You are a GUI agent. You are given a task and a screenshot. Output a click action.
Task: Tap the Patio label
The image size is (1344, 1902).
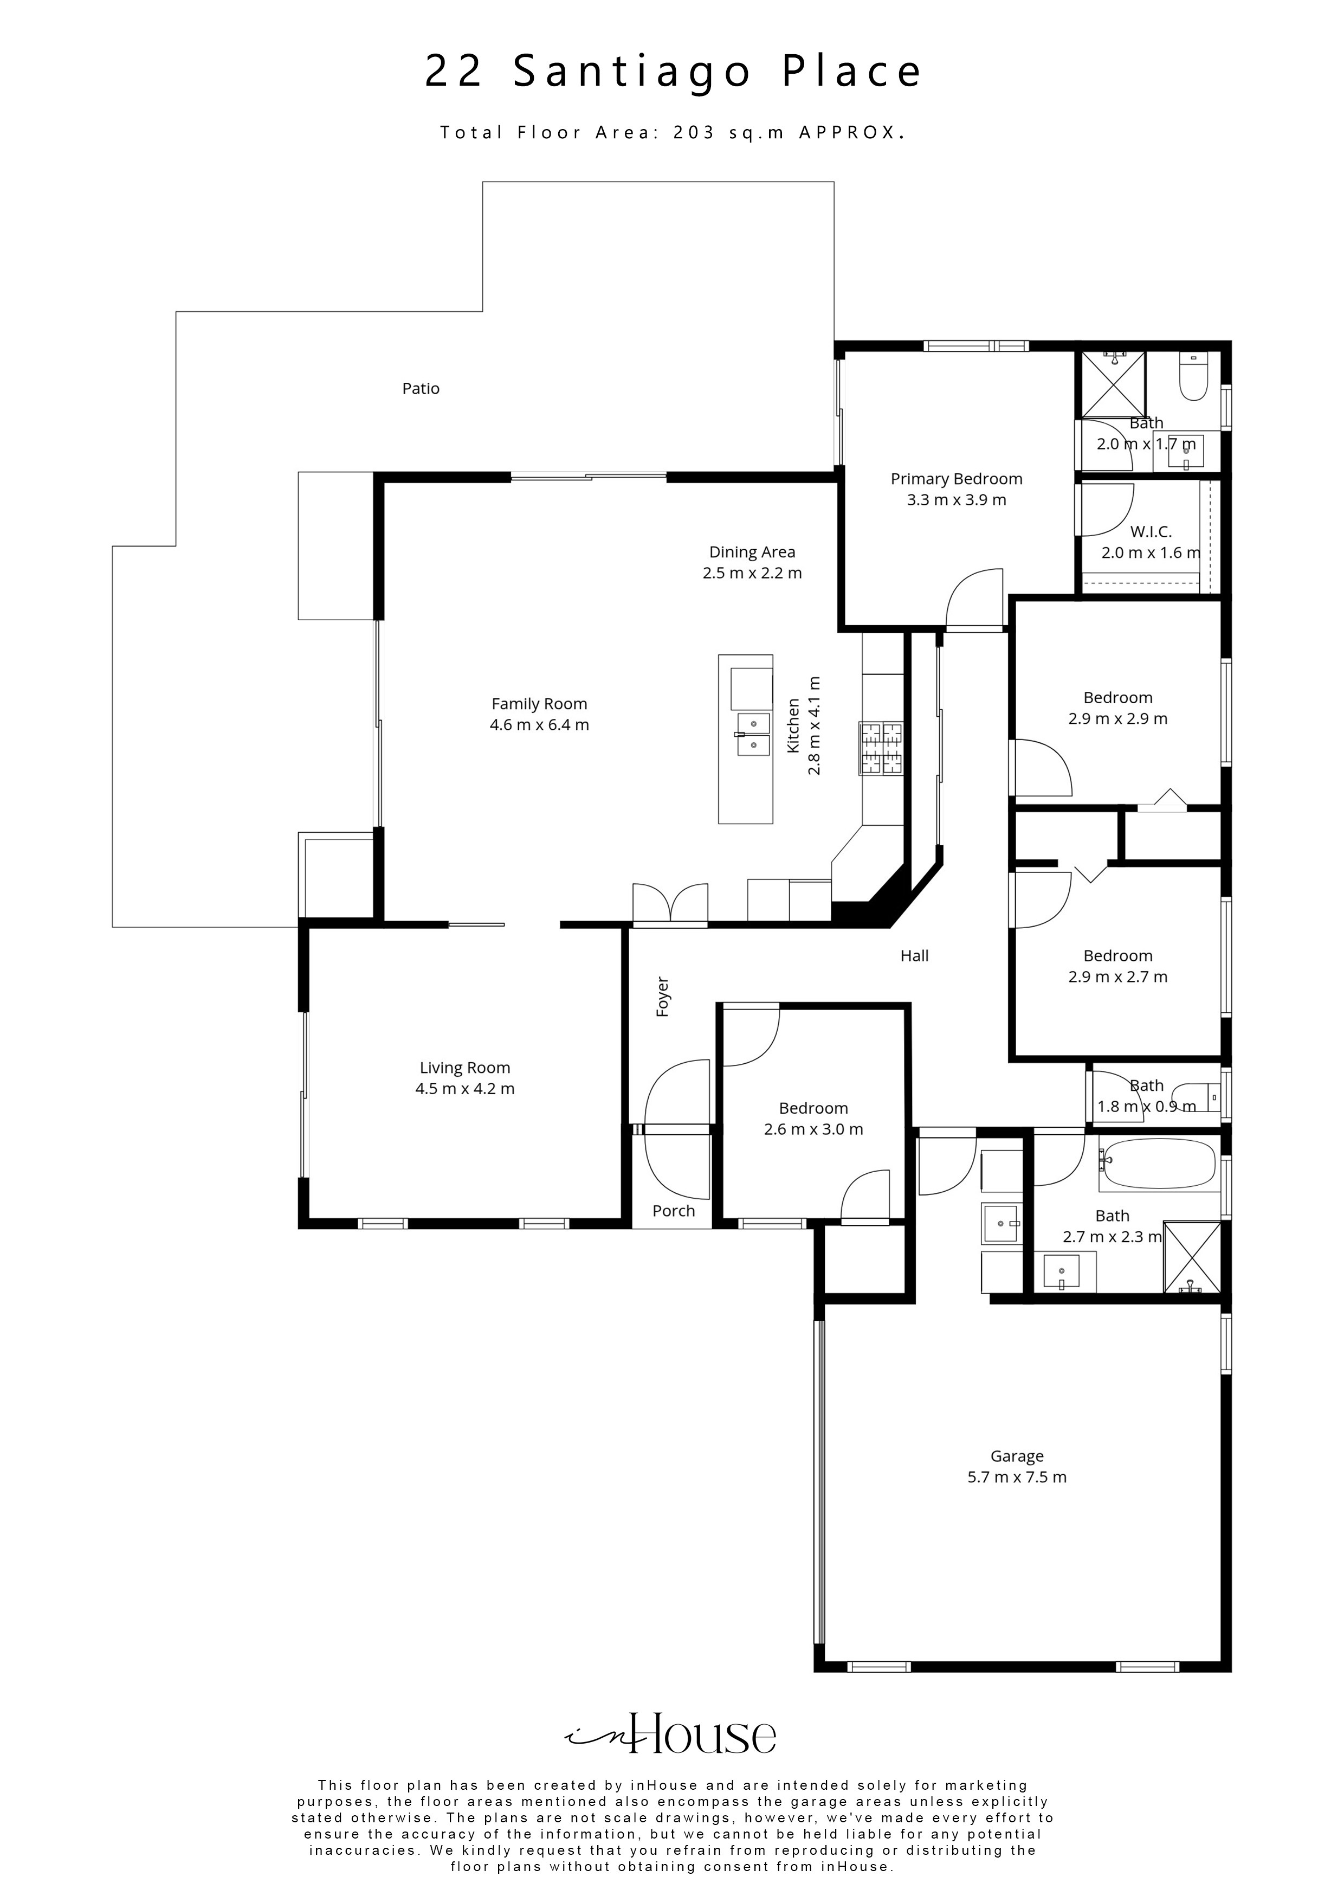(x=421, y=389)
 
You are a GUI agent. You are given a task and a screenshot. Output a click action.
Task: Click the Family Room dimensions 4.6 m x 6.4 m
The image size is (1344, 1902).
(x=539, y=725)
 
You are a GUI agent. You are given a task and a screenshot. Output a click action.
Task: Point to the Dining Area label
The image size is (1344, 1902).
(x=752, y=552)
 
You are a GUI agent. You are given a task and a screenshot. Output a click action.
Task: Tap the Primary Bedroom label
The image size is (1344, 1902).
(x=957, y=479)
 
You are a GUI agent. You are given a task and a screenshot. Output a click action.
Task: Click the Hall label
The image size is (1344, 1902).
(x=914, y=955)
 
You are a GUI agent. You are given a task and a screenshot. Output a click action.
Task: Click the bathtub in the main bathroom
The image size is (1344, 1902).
(x=1157, y=1163)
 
